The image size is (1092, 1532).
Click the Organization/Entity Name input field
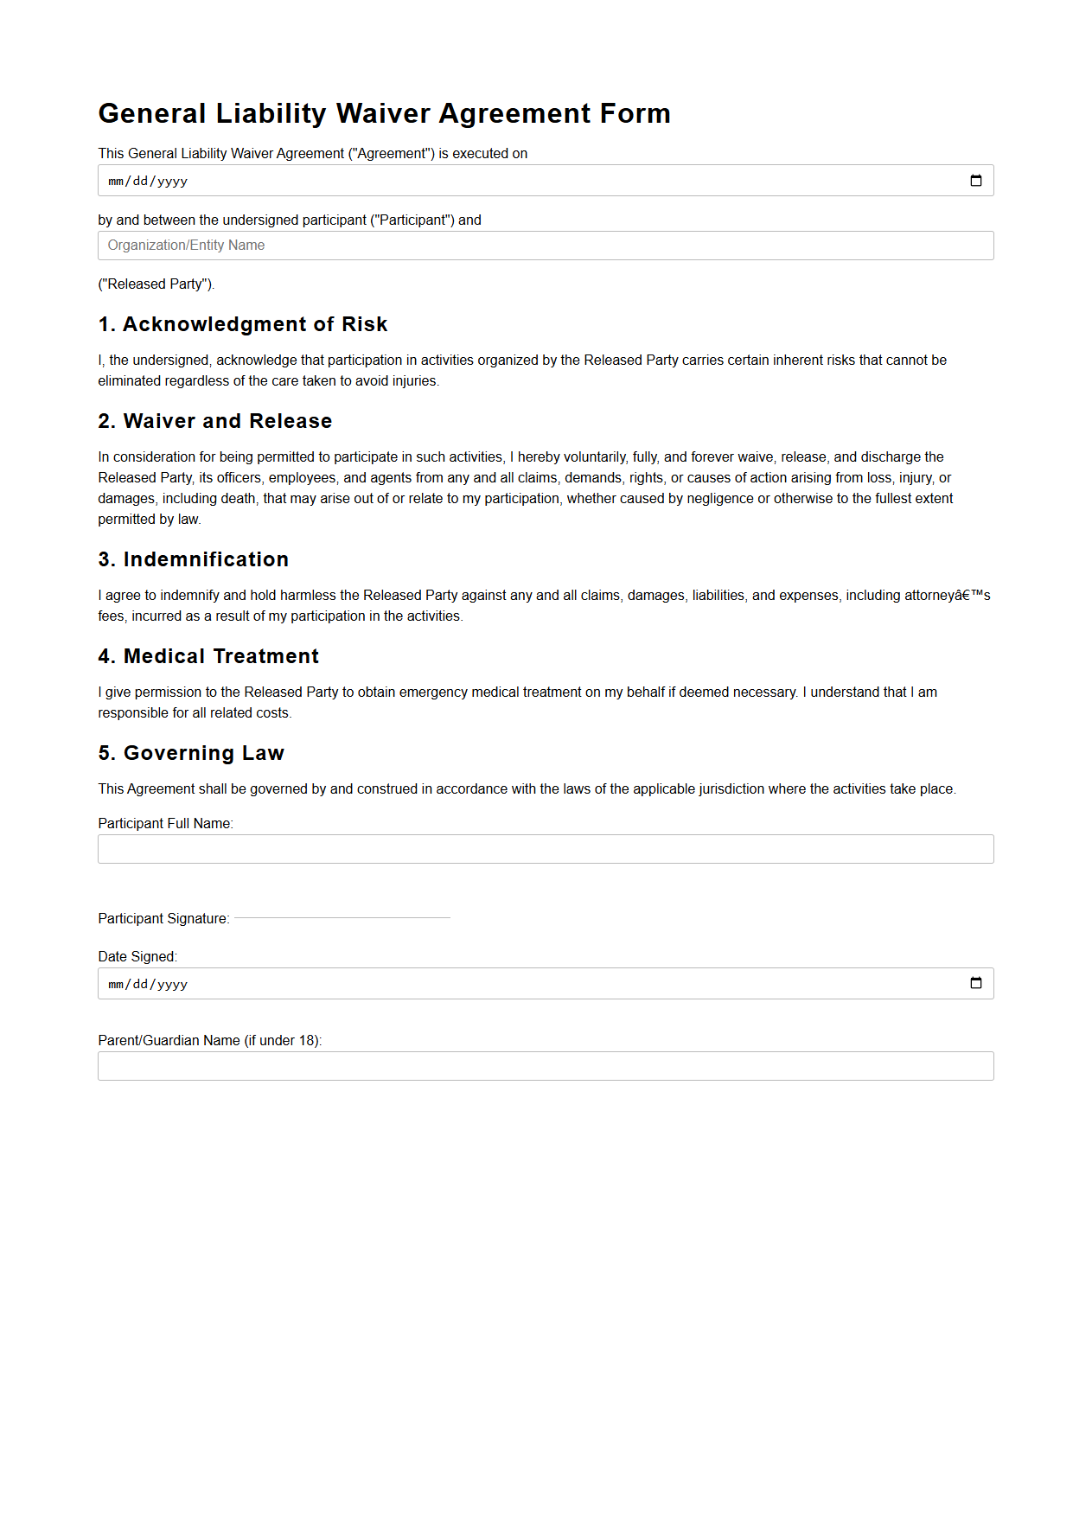pos(545,246)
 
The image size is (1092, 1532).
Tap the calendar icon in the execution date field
pos(975,181)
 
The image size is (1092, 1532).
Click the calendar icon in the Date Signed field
pos(975,983)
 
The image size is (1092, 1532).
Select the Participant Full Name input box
pos(545,849)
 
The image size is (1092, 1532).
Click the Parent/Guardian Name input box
pos(545,1066)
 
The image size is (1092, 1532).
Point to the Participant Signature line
pos(342,917)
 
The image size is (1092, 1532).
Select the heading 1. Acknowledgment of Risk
pos(243,324)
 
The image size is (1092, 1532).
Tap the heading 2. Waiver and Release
pos(215,421)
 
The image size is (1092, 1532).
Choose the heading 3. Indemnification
pos(194,559)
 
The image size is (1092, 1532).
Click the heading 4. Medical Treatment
pos(208,656)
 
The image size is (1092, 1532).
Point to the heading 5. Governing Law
pos(191,753)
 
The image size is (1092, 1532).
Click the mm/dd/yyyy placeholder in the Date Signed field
pos(148,984)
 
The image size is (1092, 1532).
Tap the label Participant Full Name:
pos(166,823)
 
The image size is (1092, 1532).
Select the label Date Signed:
pos(137,956)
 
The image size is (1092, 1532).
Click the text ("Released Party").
pos(156,284)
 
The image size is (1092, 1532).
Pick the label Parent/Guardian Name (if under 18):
pos(210,1040)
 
